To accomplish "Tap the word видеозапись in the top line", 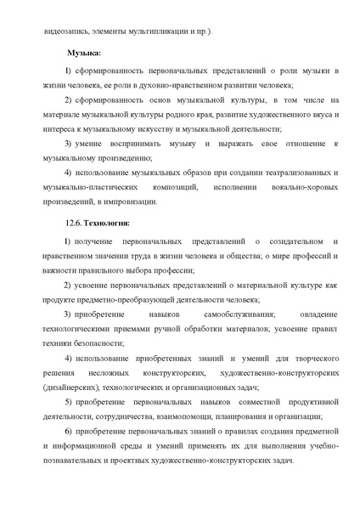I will pos(68,31).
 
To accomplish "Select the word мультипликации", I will pos(157,31).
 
